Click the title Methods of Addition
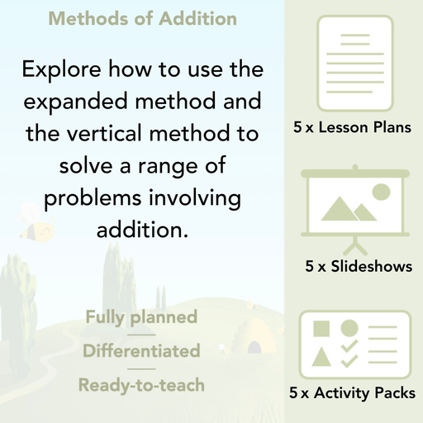(142, 18)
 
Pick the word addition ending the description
(142, 230)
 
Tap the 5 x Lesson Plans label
(353, 128)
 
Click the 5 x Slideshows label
(358, 267)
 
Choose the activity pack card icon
(354, 340)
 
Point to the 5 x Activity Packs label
(353, 395)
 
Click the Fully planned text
(141, 317)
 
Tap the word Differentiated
(141, 351)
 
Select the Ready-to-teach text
(141, 385)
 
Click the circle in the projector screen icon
(380, 192)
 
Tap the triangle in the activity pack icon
(321, 359)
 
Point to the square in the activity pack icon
(321, 329)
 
